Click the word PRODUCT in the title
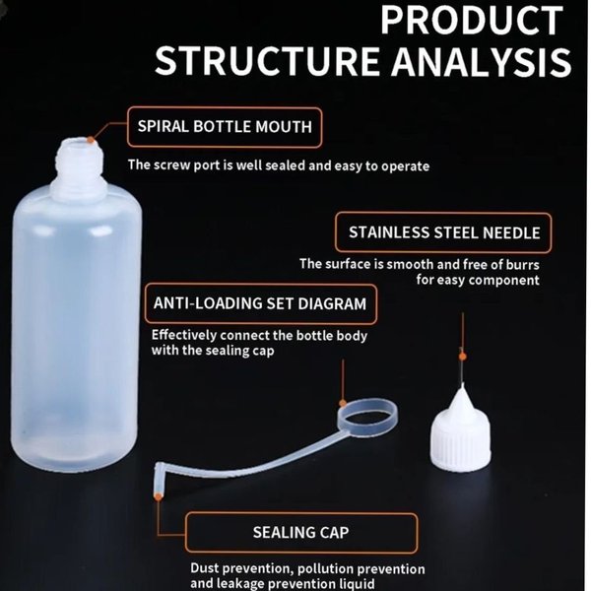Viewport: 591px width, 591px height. (x=472, y=21)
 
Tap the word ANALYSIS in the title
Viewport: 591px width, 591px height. (x=482, y=61)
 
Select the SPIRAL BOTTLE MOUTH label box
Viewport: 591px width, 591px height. (x=225, y=127)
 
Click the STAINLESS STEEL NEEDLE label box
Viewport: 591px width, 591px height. (x=443, y=232)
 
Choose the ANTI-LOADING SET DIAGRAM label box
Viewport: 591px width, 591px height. (x=260, y=303)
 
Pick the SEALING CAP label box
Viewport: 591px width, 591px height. (x=301, y=532)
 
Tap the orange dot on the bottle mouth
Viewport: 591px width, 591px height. (x=91, y=140)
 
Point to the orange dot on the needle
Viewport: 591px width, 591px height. (x=463, y=357)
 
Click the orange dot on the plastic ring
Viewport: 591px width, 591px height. (x=343, y=404)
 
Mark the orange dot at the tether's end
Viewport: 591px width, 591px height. (x=159, y=496)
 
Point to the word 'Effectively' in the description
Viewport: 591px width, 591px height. (x=184, y=335)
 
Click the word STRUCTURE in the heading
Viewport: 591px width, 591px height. (x=267, y=61)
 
